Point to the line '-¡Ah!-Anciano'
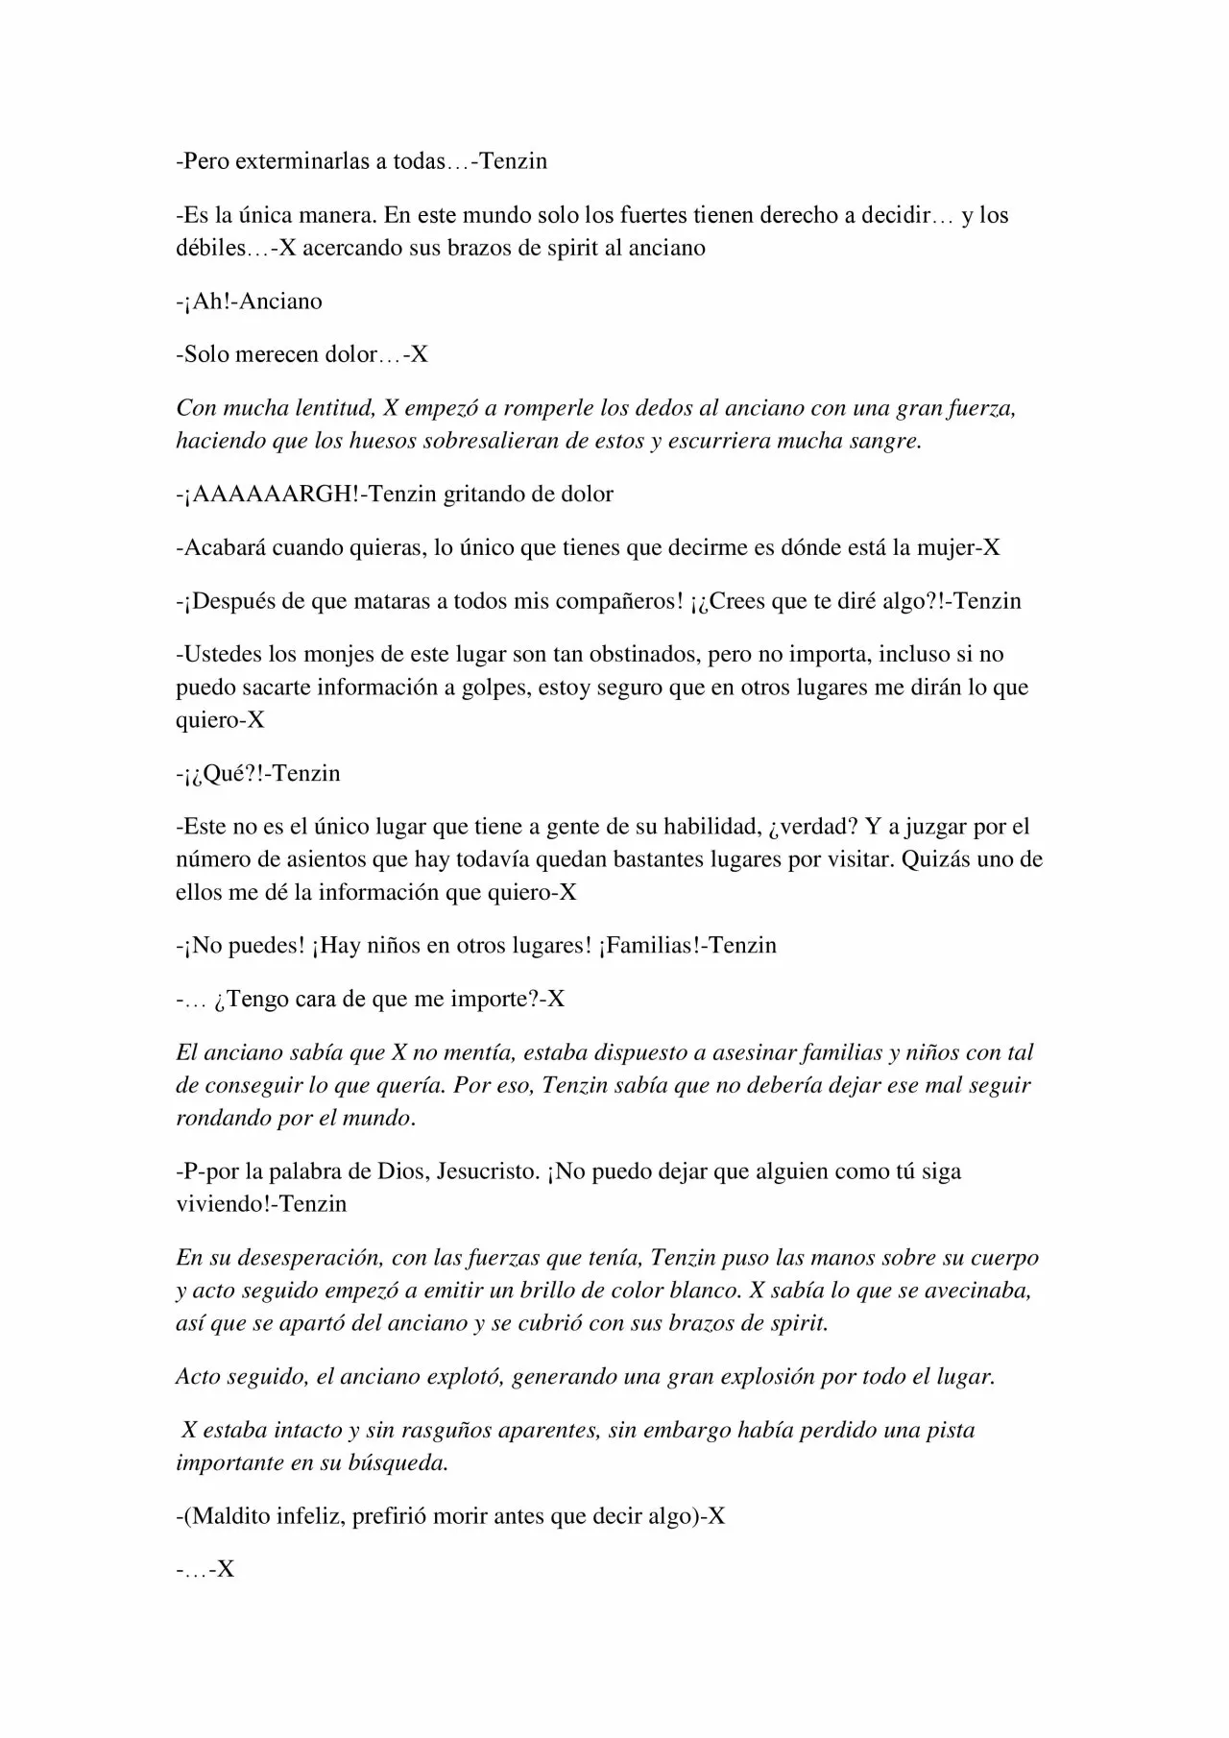point(250,302)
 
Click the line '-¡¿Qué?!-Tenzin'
point(258,774)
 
